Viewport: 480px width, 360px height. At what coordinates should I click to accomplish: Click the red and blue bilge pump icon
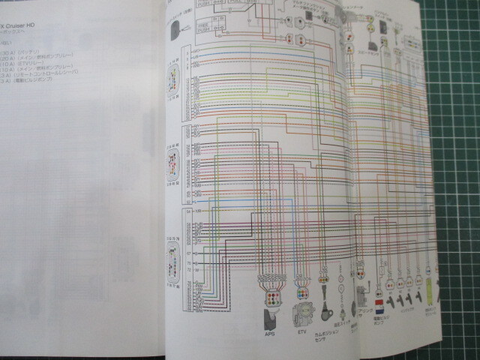(x=380, y=306)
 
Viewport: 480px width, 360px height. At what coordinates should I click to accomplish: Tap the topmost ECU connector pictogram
(x=173, y=76)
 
